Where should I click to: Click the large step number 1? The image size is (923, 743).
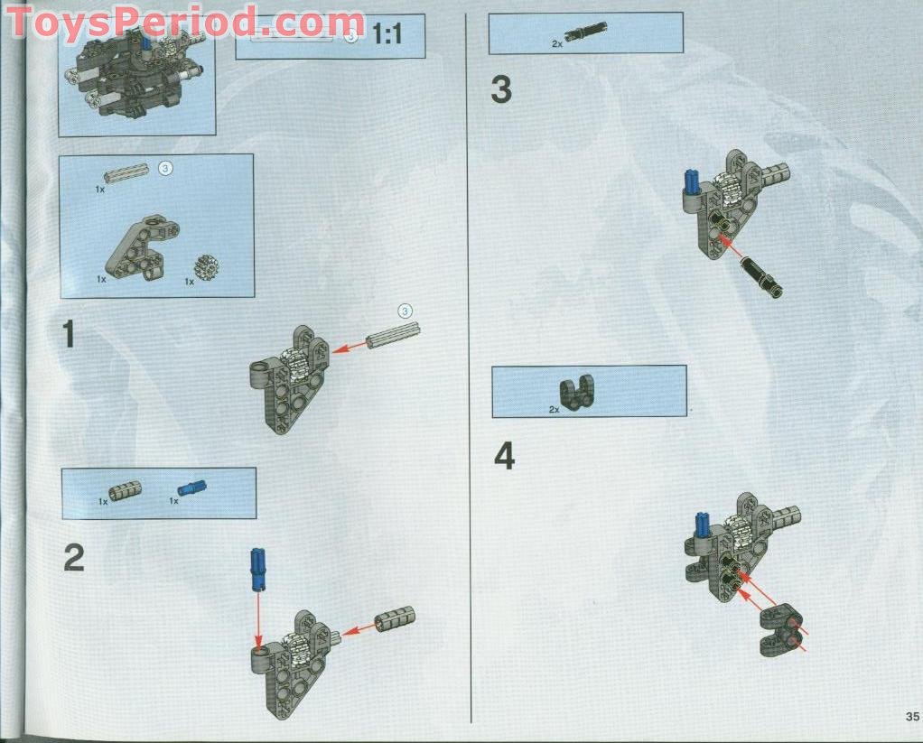tap(69, 335)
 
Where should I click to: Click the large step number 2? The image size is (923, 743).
tap(73, 557)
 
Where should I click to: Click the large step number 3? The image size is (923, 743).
tap(501, 89)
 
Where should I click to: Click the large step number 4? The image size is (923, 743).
tap(504, 457)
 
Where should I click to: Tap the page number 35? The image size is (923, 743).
tap(911, 717)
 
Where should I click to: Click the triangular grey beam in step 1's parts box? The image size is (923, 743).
tap(141, 244)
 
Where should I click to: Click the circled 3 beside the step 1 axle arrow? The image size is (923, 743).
tap(406, 311)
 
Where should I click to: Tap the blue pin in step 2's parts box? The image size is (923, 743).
tap(191, 488)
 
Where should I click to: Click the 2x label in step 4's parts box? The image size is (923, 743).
tap(555, 409)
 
